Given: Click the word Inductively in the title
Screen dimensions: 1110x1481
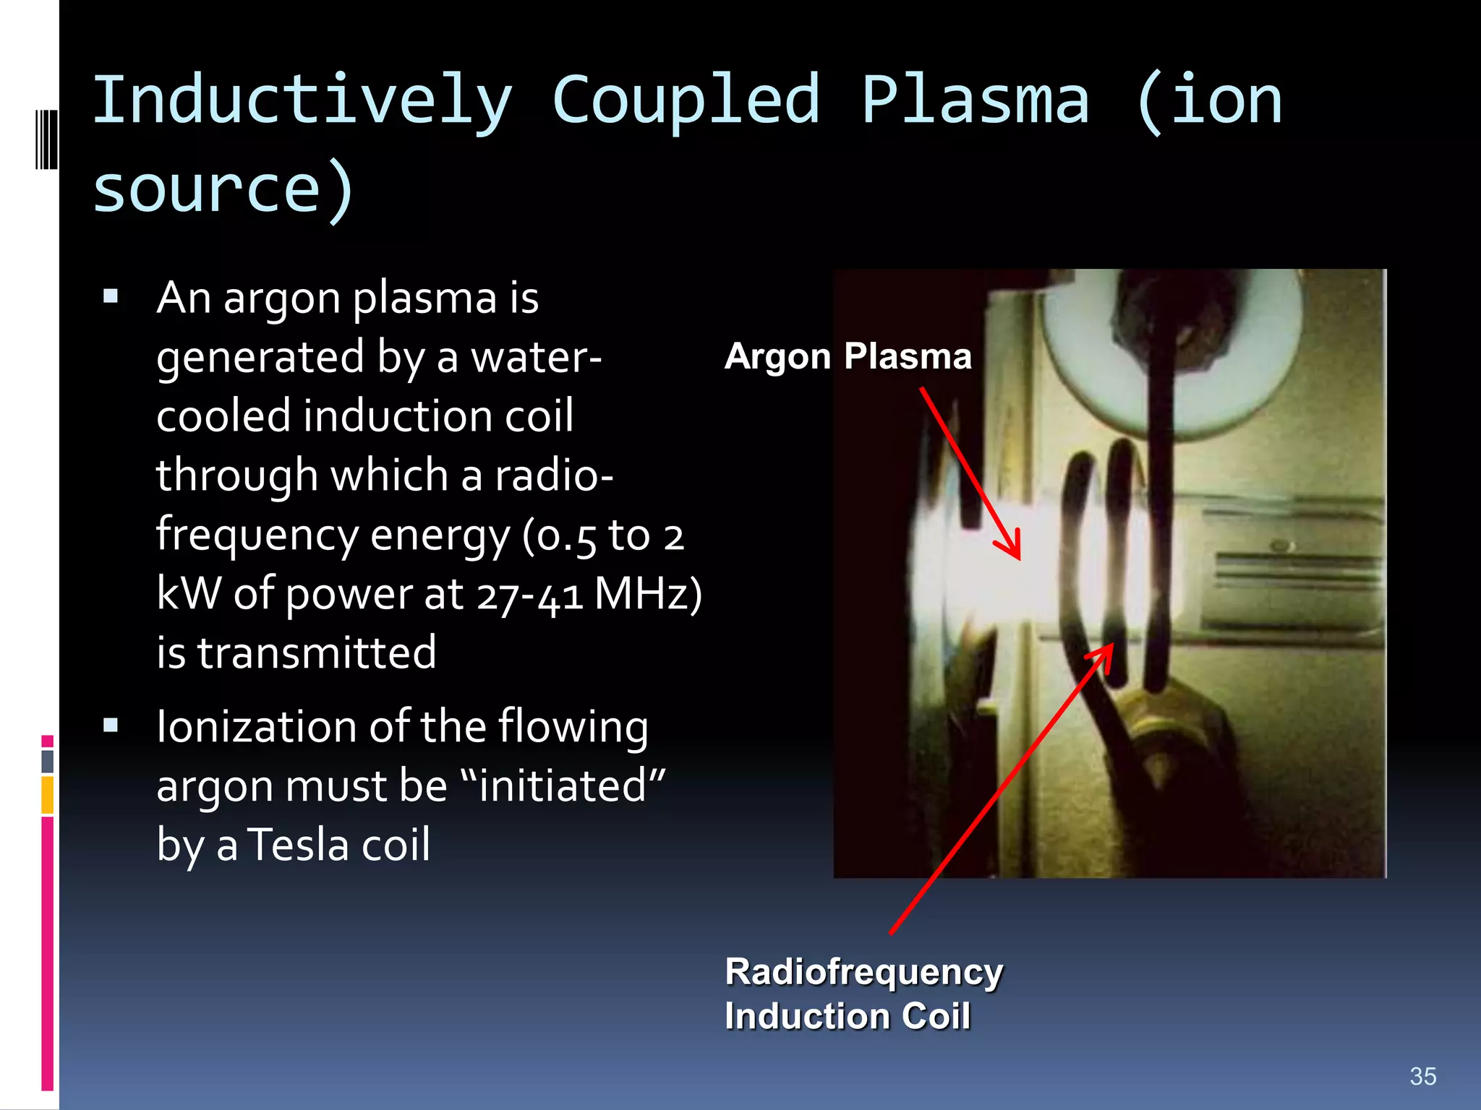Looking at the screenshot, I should [302, 101].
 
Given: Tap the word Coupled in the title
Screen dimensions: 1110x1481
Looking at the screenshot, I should [686, 101].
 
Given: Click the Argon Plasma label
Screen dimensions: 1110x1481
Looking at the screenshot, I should [848, 356].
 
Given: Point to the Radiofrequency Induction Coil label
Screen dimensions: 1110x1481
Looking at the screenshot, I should [863, 994].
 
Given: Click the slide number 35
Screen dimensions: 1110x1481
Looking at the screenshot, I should [1422, 1076].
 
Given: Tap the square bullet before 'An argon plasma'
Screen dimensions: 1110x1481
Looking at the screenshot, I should [111, 296].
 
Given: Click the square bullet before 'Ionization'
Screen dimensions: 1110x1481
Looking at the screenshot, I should [111, 725].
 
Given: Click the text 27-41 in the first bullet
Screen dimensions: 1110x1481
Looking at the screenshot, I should [529, 595].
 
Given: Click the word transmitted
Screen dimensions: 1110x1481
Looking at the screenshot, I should [317, 653].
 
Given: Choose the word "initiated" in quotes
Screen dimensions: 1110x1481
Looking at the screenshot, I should [563, 786].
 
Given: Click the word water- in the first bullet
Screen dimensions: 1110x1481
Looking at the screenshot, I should [536, 357].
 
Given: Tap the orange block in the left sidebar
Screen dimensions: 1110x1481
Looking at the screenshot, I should [48, 795].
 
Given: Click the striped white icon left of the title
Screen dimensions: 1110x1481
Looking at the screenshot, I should [46, 139].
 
